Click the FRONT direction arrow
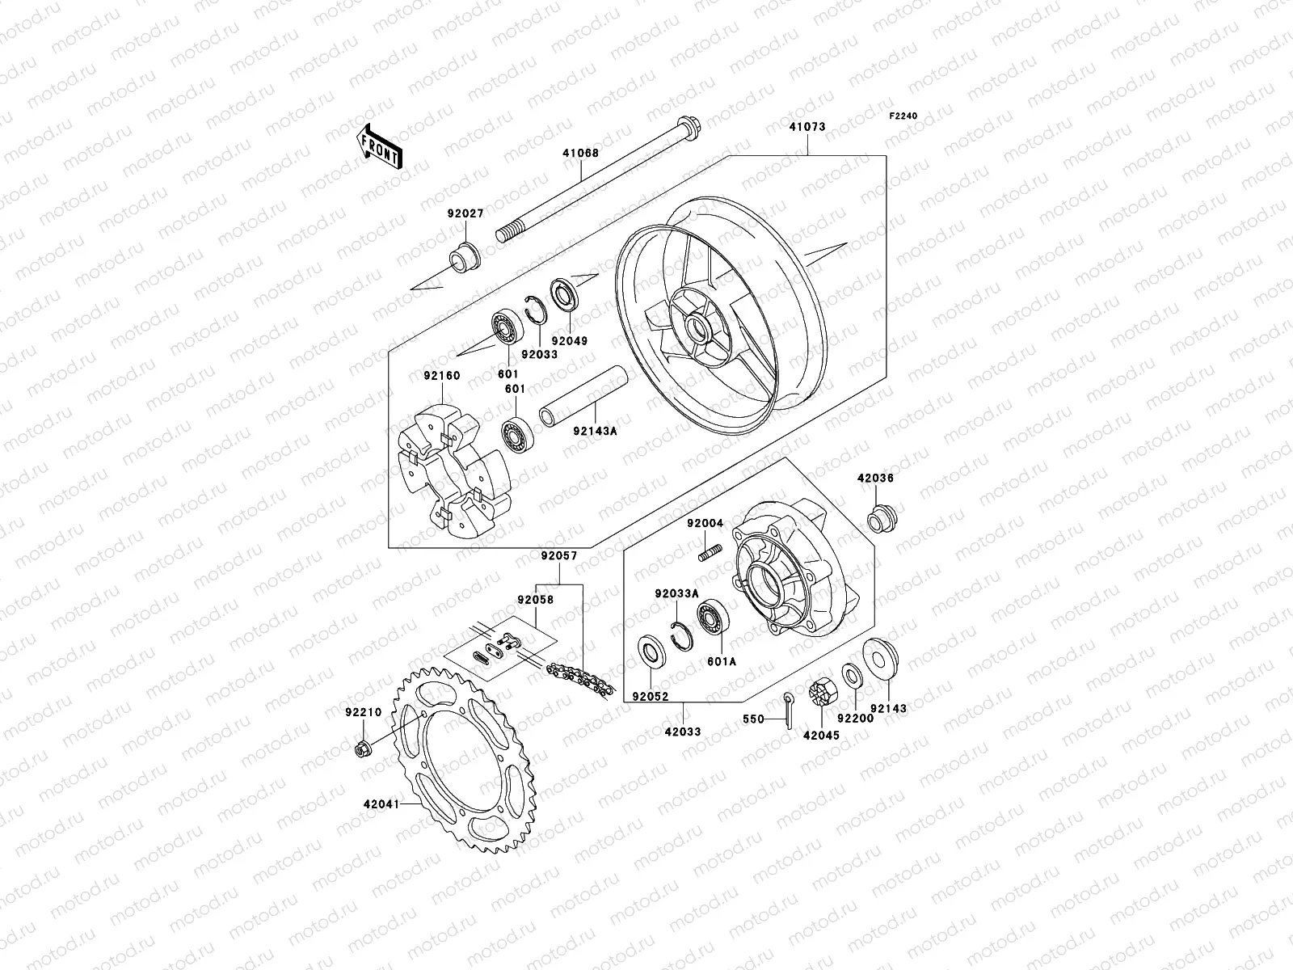pos(391,146)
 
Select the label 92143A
pos(596,431)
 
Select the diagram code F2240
pos(904,116)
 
